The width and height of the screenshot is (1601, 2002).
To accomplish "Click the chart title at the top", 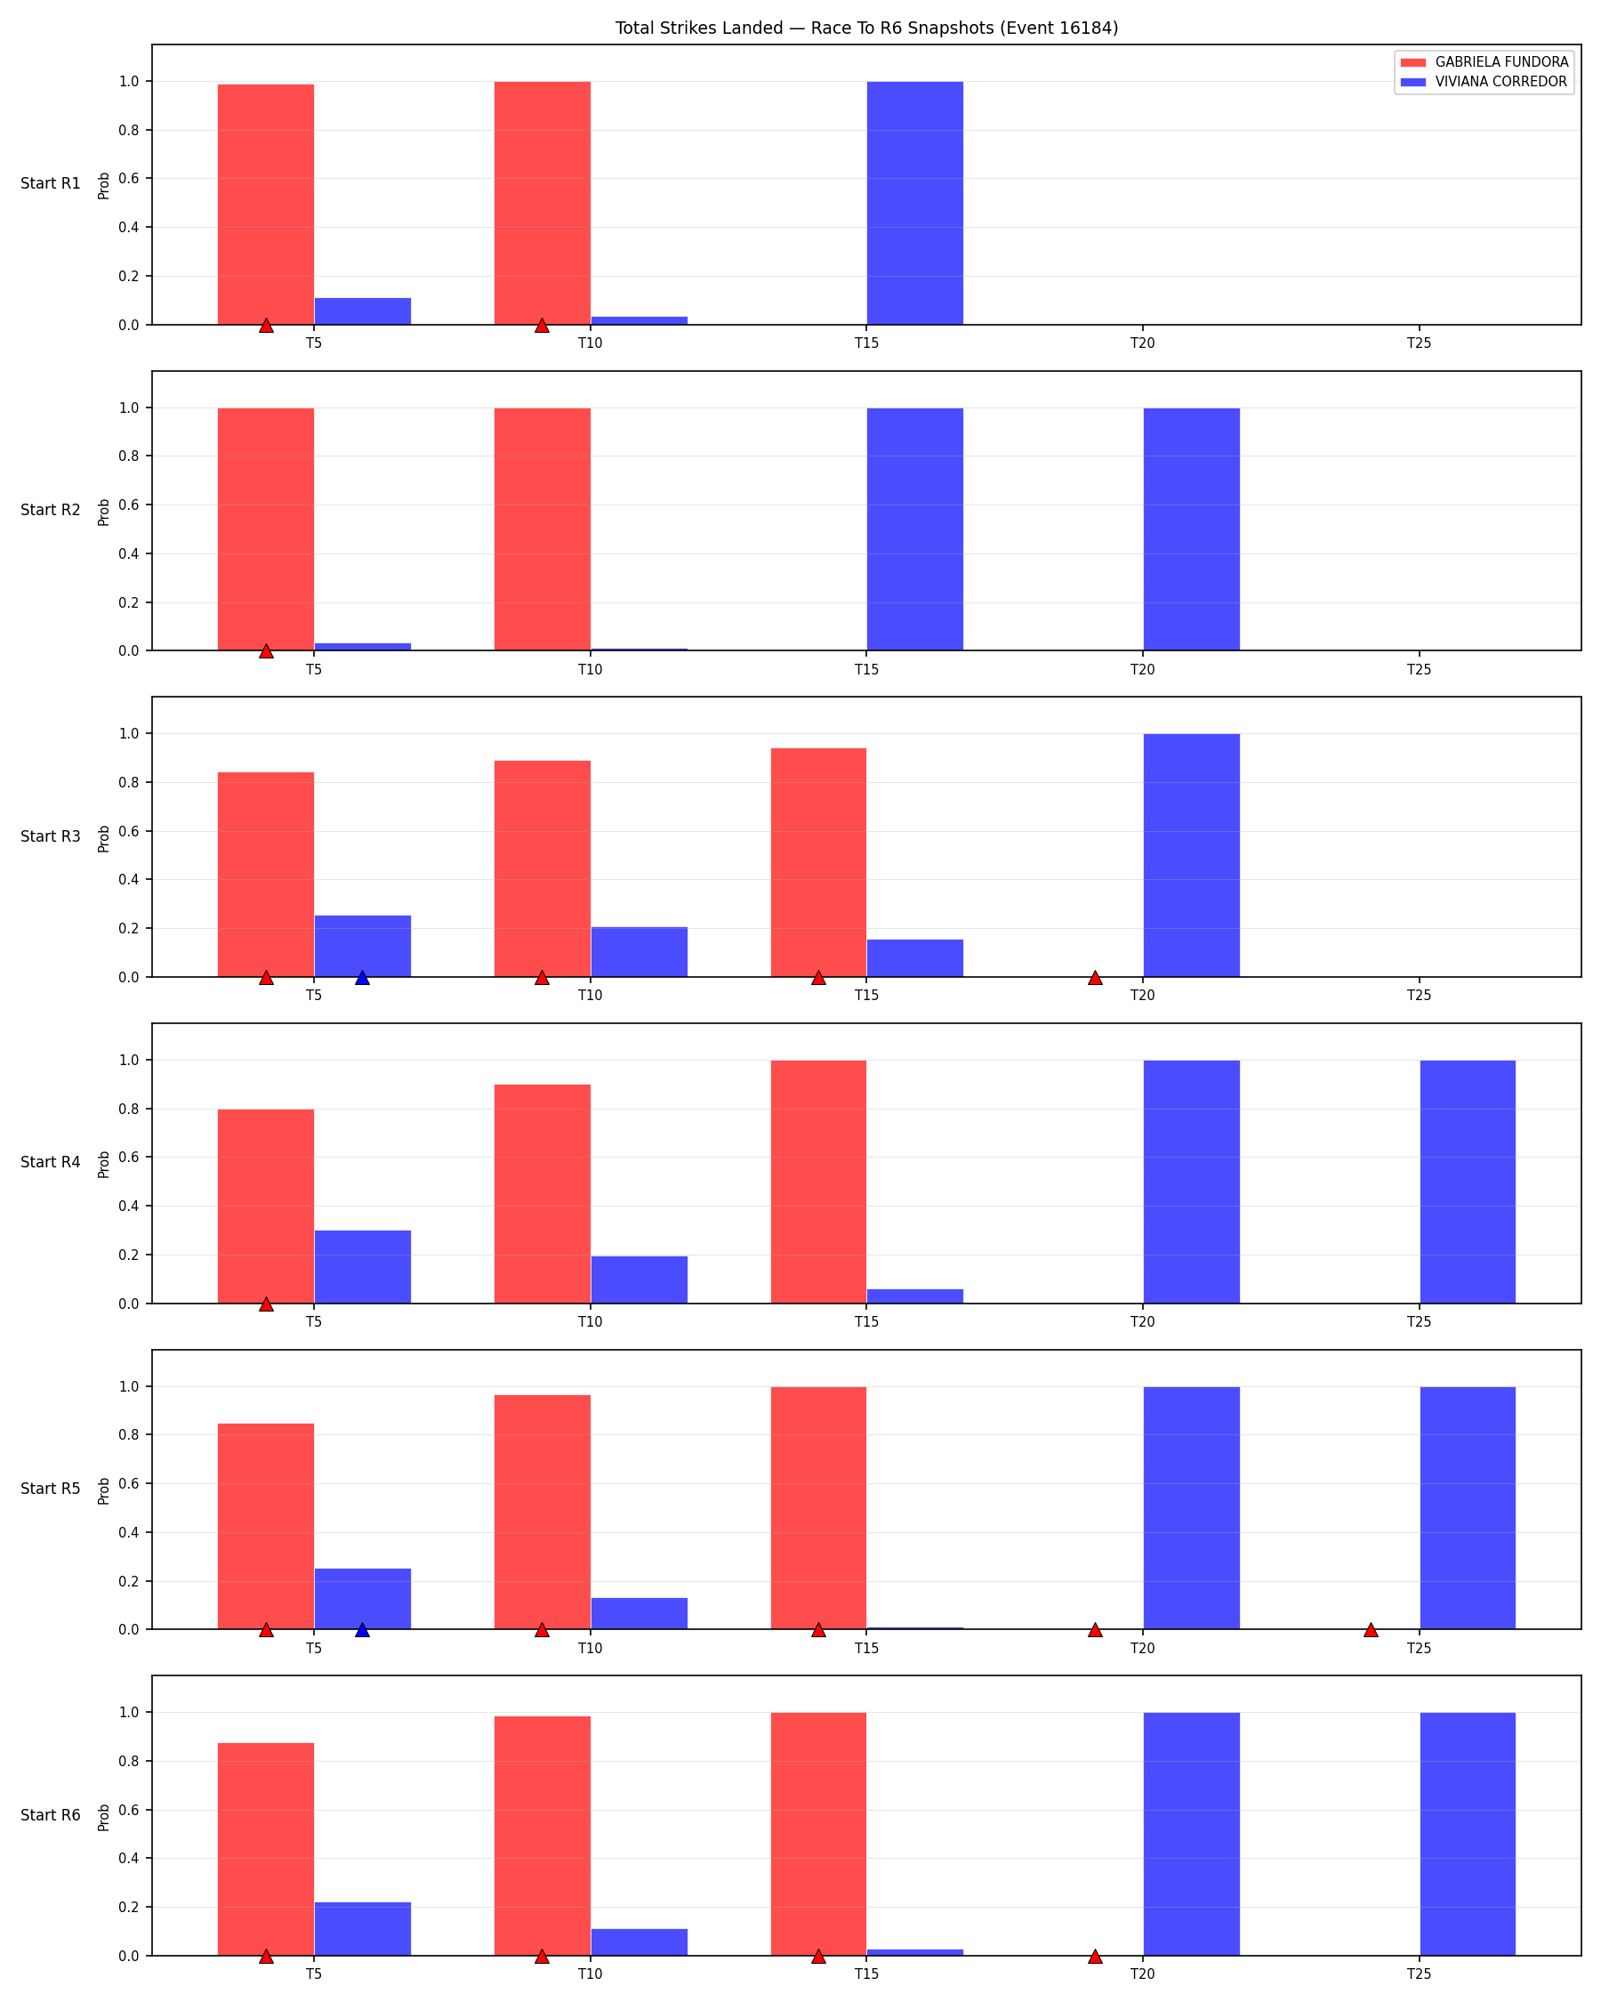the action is coord(866,28).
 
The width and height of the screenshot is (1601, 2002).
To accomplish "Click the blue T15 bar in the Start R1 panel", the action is coord(914,204).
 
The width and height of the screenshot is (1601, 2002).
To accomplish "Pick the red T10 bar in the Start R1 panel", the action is coord(542,204).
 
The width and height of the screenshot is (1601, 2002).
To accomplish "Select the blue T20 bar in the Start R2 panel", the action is coord(1191,529).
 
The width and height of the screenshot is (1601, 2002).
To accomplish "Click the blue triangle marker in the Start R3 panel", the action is coord(362,978).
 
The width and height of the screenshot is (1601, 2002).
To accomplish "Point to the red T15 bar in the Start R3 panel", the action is coord(817,863).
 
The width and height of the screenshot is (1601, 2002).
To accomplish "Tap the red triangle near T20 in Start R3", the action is coord(1095,978).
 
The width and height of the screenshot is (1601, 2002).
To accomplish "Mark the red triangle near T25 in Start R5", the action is coord(1371,1630).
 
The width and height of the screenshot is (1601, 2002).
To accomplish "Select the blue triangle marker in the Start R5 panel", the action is coord(362,1630).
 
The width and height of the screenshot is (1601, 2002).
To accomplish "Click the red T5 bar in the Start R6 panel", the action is coord(265,1849).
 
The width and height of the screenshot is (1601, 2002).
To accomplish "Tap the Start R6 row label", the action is coord(50,1815).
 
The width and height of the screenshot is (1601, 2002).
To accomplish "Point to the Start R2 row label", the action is coord(50,510).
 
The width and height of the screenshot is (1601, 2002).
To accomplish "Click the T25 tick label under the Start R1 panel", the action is coord(1419,343).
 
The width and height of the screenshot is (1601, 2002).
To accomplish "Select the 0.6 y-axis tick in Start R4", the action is coord(129,1157).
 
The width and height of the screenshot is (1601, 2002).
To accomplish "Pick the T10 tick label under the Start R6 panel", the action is coord(591,1974).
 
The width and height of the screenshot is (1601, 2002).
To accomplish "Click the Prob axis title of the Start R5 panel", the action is coord(104,1490).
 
